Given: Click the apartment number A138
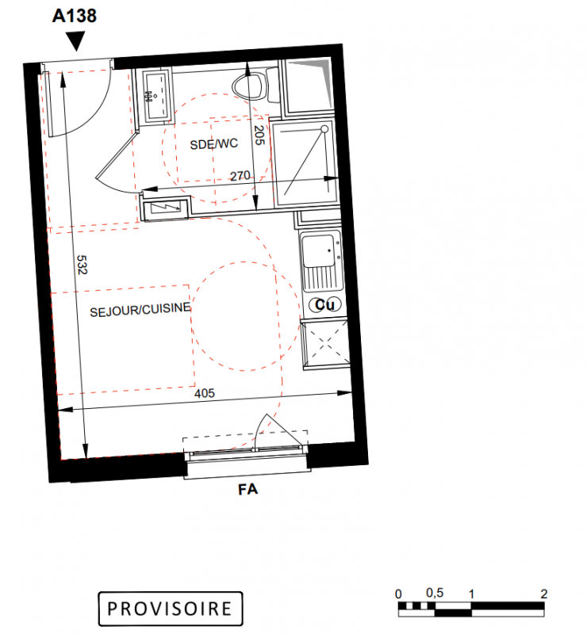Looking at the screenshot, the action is [x=75, y=16].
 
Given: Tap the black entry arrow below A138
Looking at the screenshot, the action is [x=75, y=41].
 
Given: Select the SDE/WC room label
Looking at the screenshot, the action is [x=213, y=144].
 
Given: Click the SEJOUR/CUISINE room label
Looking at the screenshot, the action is [x=140, y=310].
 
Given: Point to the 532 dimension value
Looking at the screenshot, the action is [x=82, y=265].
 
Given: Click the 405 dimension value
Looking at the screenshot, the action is [x=205, y=393].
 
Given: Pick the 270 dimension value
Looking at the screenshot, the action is [x=240, y=176].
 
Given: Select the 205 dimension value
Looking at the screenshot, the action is [x=259, y=135].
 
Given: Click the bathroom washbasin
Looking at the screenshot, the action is [x=155, y=95].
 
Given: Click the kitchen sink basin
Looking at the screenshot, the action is [x=319, y=250].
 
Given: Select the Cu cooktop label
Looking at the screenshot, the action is [x=324, y=304].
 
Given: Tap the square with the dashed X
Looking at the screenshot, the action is [x=325, y=343].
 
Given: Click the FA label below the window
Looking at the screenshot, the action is [x=247, y=490].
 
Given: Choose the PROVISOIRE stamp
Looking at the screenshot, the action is [x=171, y=609].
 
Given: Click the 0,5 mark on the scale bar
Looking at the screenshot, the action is [x=435, y=593].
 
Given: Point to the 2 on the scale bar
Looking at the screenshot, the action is [x=543, y=594].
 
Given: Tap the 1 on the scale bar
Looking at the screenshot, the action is [x=471, y=594].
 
